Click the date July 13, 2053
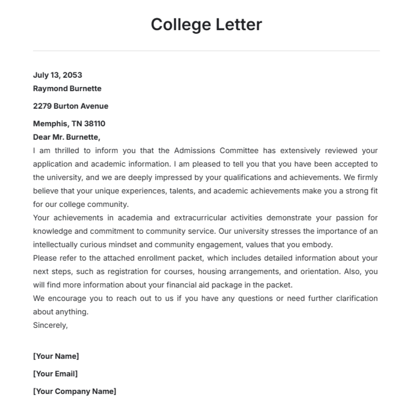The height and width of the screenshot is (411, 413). [x=57, y=75]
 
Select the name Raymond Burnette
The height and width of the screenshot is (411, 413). [x=67, y=89]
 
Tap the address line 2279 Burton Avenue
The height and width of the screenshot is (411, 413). [x=71, y=106]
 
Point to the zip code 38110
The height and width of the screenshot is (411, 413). [x=95, y=124]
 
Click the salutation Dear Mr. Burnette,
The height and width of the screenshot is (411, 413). [x=66, y=137]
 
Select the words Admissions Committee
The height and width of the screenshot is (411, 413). [x=216, y=151]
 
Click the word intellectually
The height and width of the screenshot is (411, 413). [x=55, y=245]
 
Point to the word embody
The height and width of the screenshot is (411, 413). [x=321, y=245]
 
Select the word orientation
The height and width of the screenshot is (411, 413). [x=320, y=271]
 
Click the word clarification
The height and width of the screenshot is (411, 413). [x=357, y=298]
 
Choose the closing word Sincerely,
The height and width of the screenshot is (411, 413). [x=50, y=325]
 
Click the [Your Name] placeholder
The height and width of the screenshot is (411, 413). [x=56, y=356]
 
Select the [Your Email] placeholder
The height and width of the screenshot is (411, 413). [x=55, y=374]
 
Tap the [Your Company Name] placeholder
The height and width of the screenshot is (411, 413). [x=74, y=391]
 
